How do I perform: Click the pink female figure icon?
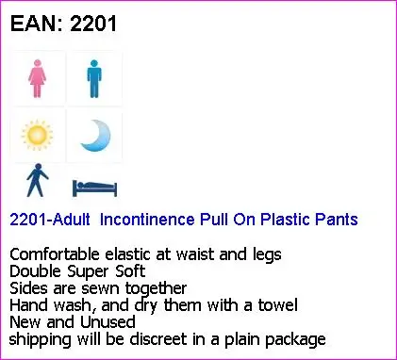(x=38, y=79)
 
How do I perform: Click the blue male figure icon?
(x=93, y=79)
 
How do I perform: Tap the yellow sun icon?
(x=38, y=136)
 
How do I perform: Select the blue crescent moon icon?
(x=94, y=135)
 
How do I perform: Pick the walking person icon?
(x=36, y=182)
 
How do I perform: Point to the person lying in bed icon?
(x=93, y=186)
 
